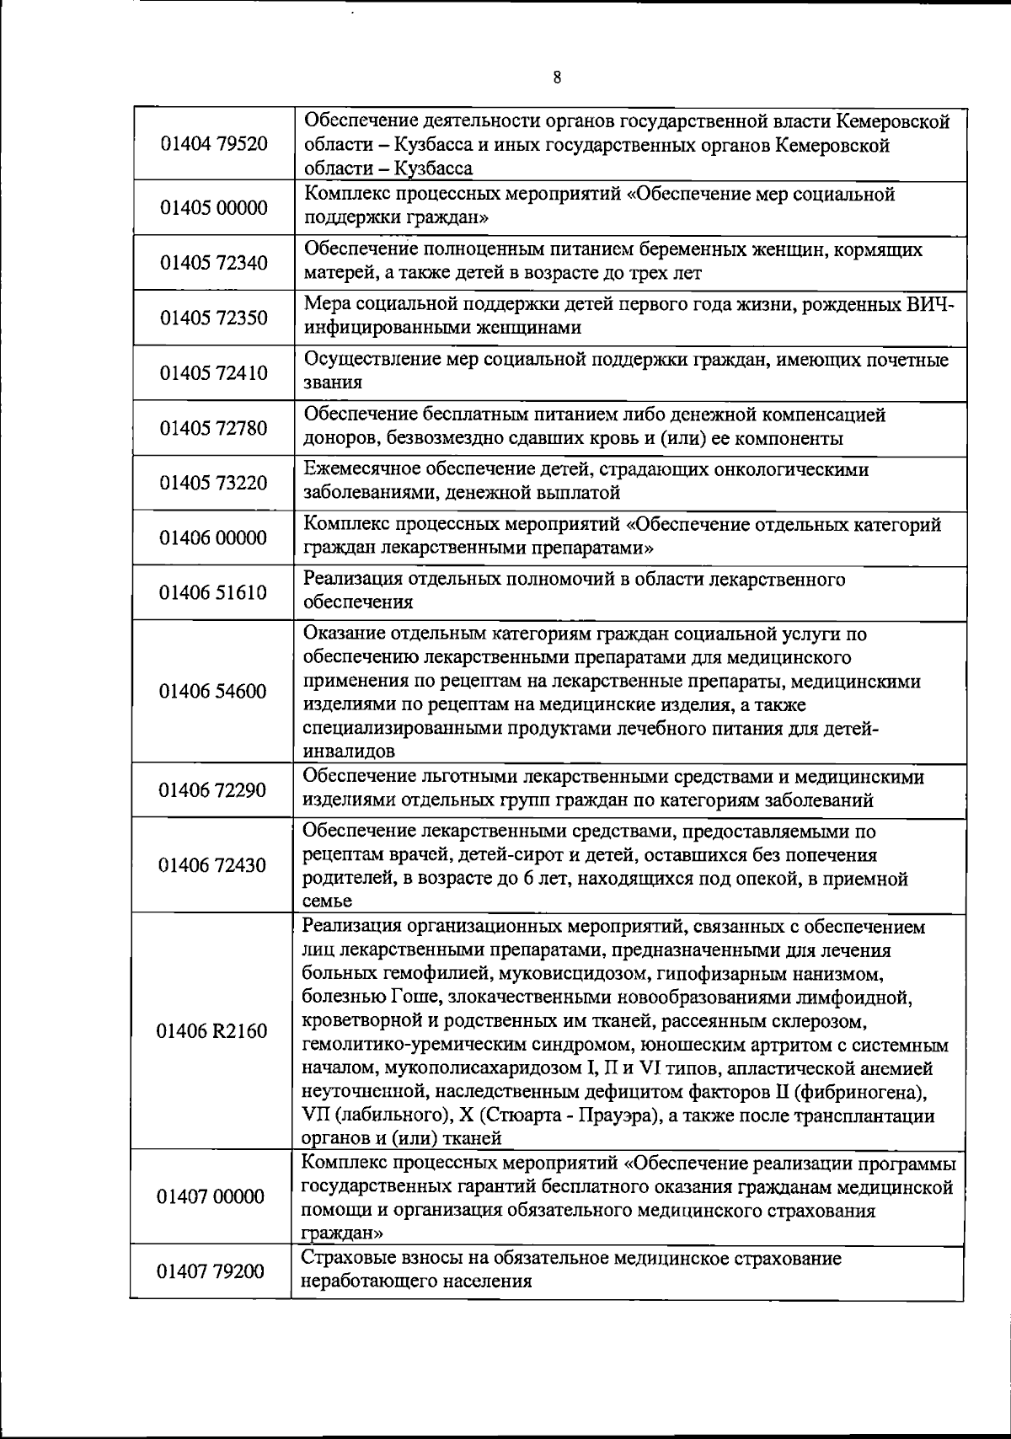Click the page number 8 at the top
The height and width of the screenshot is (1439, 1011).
[557, 78]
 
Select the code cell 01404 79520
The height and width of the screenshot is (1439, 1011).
[214, 144]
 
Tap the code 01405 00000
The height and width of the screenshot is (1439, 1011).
[214, 207]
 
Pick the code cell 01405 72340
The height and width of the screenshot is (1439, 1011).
[214, 263]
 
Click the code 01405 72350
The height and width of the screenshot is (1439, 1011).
[214, 318]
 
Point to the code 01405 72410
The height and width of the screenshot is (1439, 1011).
[214, 373]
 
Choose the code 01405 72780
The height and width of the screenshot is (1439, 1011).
[214, 428]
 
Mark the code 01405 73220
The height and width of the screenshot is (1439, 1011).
[214, 483]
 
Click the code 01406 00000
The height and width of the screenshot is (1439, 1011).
[214, 538]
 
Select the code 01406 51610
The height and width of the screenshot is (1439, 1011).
[213, 592]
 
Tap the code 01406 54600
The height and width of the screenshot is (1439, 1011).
[213, 692]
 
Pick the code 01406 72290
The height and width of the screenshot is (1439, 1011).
[213, 789]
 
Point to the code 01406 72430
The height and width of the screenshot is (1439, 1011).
[213, 865]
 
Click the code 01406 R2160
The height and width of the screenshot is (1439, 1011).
[212, 1031]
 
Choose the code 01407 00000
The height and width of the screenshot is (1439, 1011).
[211, 1196]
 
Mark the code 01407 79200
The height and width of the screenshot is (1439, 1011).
[211, 1270]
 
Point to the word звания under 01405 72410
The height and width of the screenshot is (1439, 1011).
[334, 383]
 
